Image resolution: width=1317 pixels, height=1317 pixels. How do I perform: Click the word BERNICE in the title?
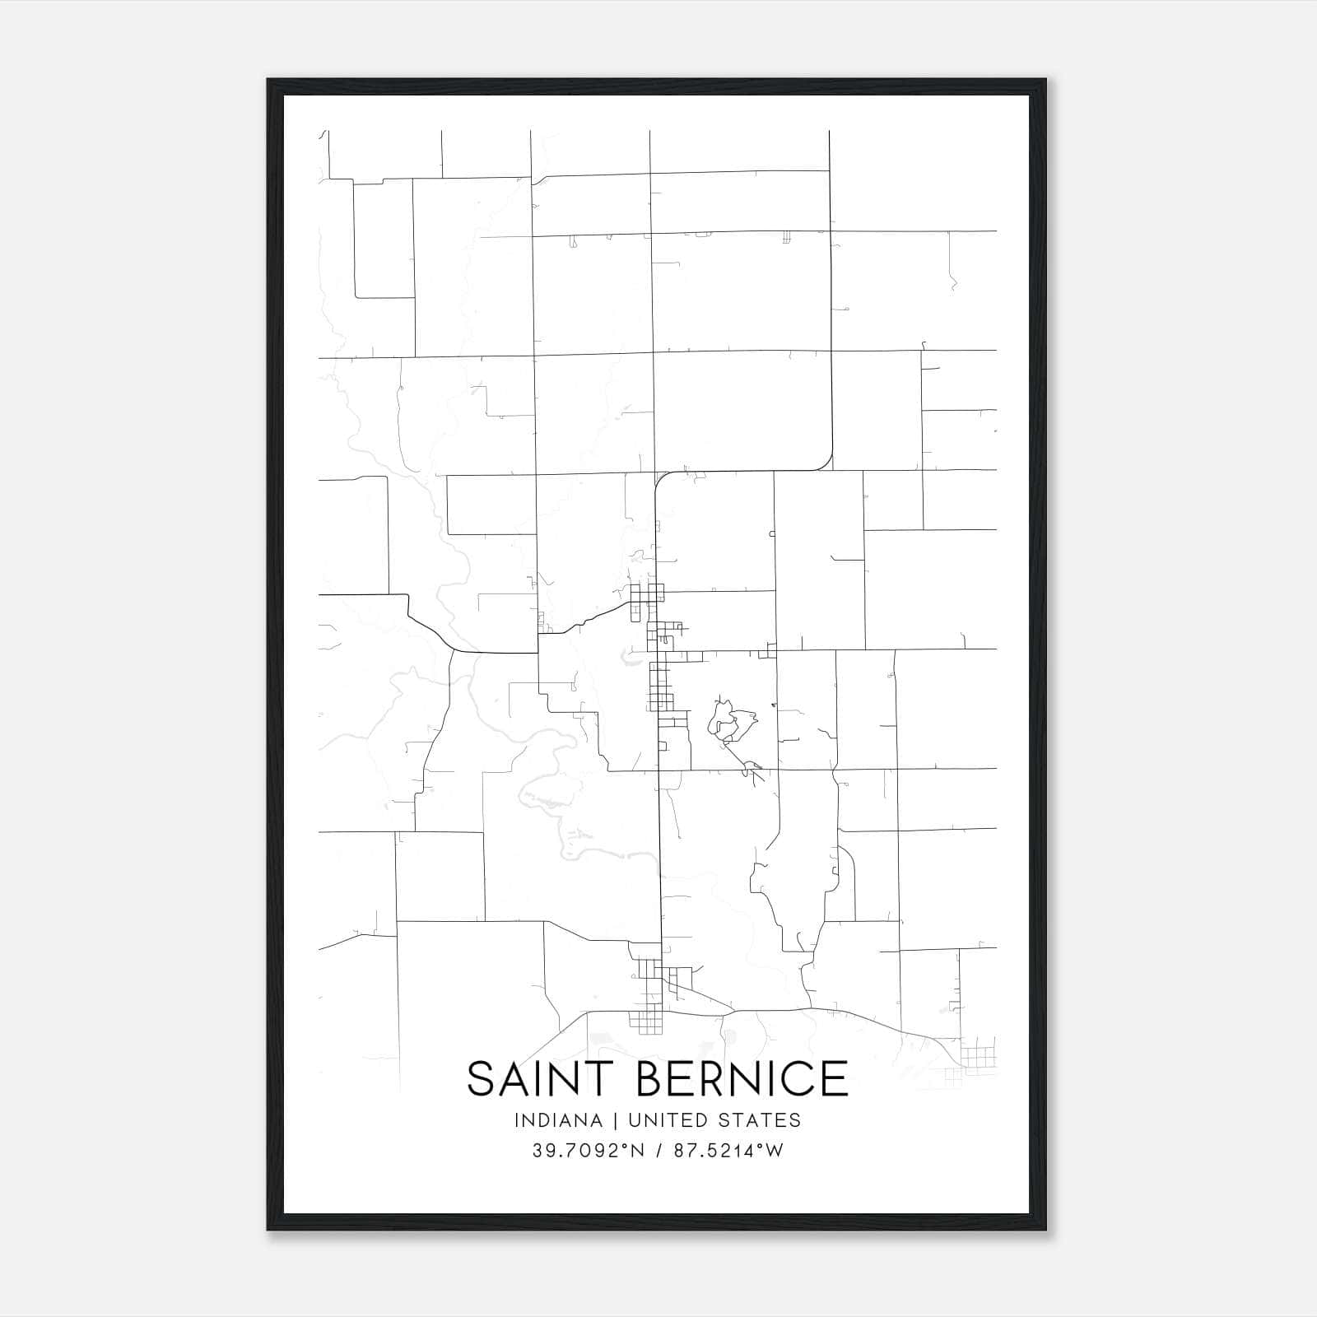coord(742,1079)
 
